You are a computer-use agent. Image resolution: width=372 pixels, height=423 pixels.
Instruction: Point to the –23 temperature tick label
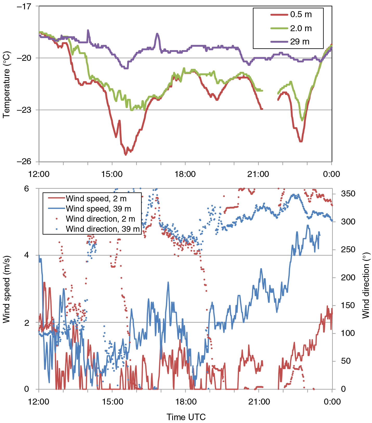(x=24, y=110)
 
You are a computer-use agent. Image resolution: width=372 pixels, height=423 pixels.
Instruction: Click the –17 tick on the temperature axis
(x=24, y=6)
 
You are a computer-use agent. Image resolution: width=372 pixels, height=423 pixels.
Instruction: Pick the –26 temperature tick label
(x=24, y=161)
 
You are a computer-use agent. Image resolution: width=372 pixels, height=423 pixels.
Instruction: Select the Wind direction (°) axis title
(x=366, y=285)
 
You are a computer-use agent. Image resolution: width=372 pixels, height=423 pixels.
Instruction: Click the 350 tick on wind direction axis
(x=348, y=194)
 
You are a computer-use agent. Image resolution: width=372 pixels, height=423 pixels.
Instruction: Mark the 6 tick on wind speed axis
(x=27, y=189)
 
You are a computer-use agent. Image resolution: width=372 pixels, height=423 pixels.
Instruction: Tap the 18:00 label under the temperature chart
(x=185, y=174)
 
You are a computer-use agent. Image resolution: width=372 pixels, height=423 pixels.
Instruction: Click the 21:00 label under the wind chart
(x=259, y=402)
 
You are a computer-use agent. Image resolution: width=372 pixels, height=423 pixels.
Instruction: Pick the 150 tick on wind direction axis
(x=348, y=305)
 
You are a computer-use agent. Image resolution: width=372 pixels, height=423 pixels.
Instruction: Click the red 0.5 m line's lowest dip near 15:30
(x=126, y=154)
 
